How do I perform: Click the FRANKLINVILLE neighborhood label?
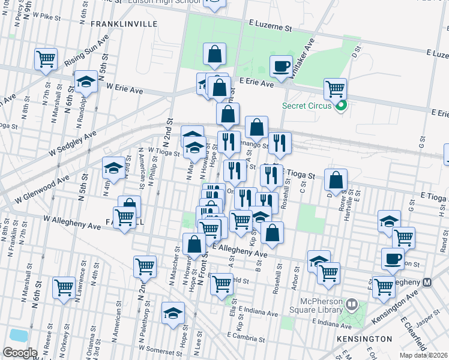[124, 24]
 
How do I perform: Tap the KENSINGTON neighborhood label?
[369, 339]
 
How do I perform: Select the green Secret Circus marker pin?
[342, 107]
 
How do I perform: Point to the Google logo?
[20, 353]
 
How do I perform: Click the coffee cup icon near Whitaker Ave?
[280, 65]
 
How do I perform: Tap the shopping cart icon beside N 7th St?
[46, 59]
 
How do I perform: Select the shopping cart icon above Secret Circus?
[336, 89]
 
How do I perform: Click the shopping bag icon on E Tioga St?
[336, 179]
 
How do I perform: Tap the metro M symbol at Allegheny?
[428, 282]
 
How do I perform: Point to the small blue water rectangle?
[17, 335]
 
